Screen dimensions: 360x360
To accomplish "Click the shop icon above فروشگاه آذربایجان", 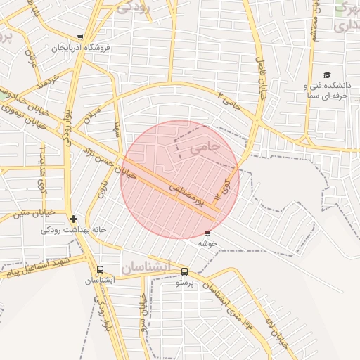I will click(x=80, y=37).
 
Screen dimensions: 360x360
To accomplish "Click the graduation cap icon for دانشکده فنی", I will click(x=326, y=75).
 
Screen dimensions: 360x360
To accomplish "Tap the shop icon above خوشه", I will click(x=207, y=233).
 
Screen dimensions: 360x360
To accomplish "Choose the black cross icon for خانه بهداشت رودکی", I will click(x=73, y=219).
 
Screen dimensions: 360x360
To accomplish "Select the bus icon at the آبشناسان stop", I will click(x=99, y=269).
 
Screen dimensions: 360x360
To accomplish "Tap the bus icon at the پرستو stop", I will click(x=184, y=271).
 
